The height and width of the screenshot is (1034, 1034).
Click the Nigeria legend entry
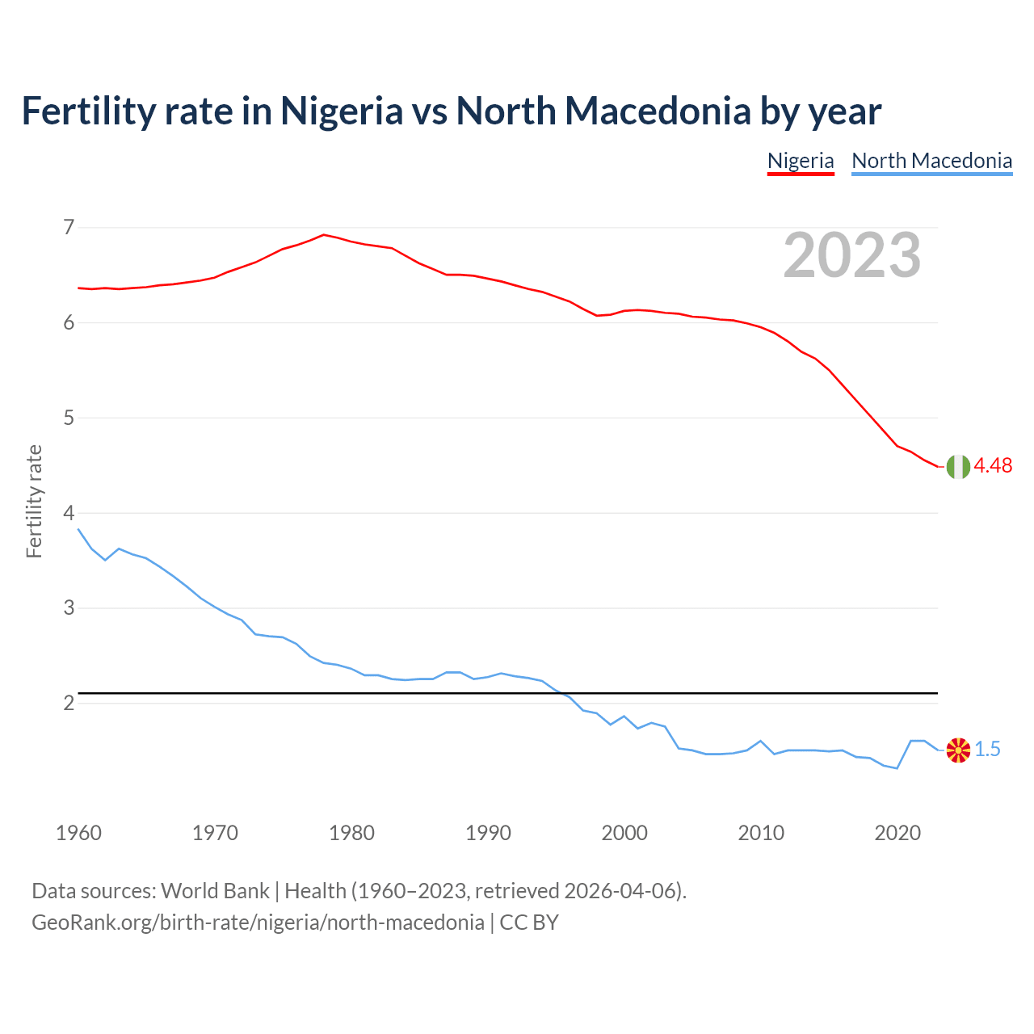click(x=800, y=161)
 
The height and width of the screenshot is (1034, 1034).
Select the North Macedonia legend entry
click(x=931, y=161)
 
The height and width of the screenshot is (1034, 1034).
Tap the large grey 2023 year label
click(x=852, y=255)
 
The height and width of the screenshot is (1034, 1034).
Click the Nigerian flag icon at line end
click(x=958, y=467)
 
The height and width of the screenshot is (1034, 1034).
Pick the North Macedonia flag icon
click(x=958, y=750)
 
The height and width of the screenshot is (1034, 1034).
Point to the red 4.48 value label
click(x=993, y=465)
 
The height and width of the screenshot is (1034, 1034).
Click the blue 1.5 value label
click(x=987, y=750)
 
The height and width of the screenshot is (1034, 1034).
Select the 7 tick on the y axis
click(x=69, y=227)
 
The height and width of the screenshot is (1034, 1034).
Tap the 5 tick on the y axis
click(x=69, y=418)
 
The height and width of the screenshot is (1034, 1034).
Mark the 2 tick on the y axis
click(x=69, y=703)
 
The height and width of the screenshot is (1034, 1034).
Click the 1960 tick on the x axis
click(x=78, y=833)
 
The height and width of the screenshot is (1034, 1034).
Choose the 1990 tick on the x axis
click(x=488, y=833)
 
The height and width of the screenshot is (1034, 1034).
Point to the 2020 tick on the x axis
click(x=897, y=833)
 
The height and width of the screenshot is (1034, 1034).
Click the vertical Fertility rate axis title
click(x=34, y=501)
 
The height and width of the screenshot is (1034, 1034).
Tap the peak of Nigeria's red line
click(x=324, y=235)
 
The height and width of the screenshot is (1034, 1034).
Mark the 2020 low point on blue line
click(x=897, y=768)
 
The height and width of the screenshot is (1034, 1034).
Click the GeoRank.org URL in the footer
click(x=258, y=923)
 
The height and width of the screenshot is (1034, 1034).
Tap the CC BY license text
click(x=529, y=923)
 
